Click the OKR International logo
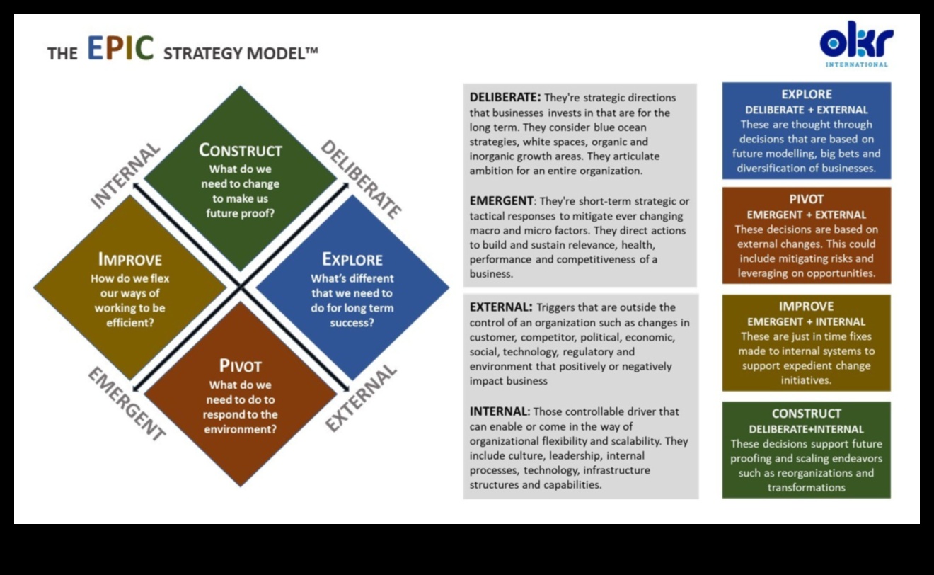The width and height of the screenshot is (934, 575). coord(856,44)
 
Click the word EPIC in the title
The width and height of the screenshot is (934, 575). coord(120,49)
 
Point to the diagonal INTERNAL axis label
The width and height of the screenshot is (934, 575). coord(126,176)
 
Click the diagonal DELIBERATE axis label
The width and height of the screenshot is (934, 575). coord(361,178)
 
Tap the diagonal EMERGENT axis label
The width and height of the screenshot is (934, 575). coord(126,404)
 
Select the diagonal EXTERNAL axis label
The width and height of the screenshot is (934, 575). coord(361,398)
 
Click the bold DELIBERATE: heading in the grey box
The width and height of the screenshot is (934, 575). coord(505,97)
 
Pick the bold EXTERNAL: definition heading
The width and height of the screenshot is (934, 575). coord(501,307)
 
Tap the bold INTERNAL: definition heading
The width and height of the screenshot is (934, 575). coord(500,411)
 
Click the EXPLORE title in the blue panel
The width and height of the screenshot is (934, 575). coord(807,94)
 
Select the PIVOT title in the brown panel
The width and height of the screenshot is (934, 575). coord(807,199)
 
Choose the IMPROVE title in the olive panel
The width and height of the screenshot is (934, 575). coord(807,306)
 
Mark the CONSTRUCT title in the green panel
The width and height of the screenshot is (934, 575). coord(807,413)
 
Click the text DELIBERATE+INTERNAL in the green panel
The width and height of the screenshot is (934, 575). coord(807,429)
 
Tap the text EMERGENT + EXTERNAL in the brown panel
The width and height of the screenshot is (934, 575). coord(807,215)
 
